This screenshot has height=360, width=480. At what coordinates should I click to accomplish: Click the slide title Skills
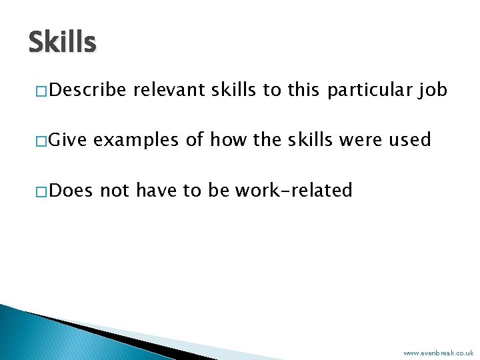[62, 43]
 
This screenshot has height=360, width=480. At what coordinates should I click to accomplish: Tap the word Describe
[87, 90]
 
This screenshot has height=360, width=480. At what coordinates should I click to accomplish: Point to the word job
[433, 90]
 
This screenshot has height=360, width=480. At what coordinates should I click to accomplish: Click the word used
[411, 140]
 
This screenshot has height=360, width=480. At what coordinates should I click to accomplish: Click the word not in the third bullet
[114, 191]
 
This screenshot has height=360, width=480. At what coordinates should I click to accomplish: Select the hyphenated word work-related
[293, 191]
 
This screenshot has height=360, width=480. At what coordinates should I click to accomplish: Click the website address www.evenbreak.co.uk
[438, 353]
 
